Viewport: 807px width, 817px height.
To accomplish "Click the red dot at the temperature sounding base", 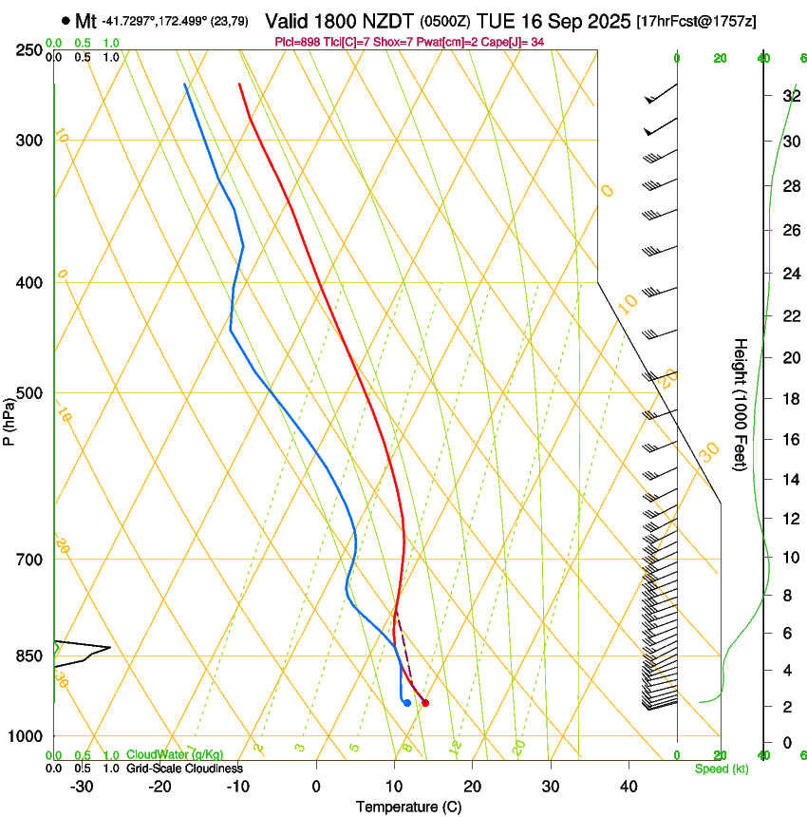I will click(424, 703).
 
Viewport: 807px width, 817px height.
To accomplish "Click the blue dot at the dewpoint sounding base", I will click(406, 703).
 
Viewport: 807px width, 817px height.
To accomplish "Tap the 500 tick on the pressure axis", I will click(29, 393).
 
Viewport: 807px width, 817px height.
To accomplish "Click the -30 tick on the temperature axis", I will click(82, 787).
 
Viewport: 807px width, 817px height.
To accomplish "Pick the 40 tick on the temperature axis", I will click(628, 787).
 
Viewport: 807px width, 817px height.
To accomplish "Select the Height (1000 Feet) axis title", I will click(741, 405).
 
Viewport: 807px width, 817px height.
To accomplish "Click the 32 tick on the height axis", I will click(790, 96).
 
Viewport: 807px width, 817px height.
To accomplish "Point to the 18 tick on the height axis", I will click(790, 399).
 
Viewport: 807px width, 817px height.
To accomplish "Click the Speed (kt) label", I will click(721, 769).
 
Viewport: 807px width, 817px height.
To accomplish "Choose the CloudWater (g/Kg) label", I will click(174, 754).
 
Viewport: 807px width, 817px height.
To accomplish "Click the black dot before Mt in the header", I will click(65, 20).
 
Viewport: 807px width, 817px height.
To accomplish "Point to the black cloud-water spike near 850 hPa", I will click(95, 650).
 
